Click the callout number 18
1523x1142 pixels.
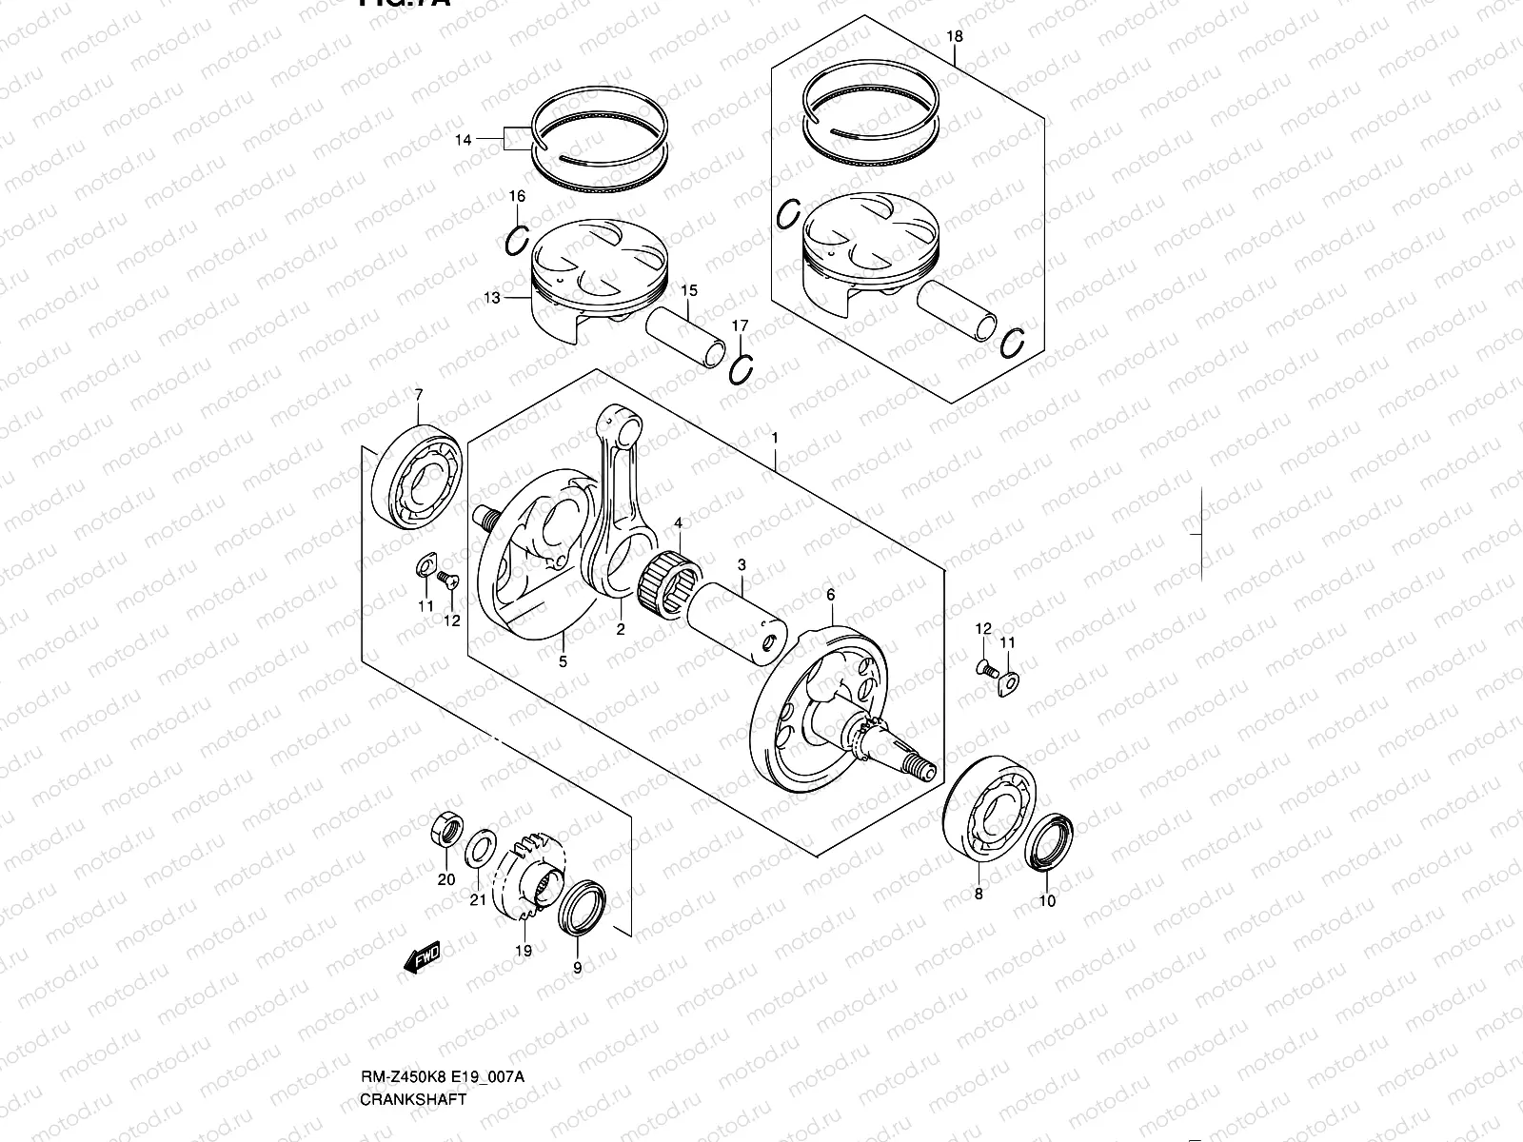(955, 37)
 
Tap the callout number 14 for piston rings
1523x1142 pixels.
(463, 140)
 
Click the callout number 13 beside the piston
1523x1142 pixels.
(491, 298)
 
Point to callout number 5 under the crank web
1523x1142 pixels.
(563, 661)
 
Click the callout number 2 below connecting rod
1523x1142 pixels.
(620, 629)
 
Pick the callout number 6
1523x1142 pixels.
(830, 595)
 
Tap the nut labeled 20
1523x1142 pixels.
(446, 830)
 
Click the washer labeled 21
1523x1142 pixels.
(479, 849)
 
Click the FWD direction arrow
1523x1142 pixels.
(422, 956)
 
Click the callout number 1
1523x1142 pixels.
(776, 438)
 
